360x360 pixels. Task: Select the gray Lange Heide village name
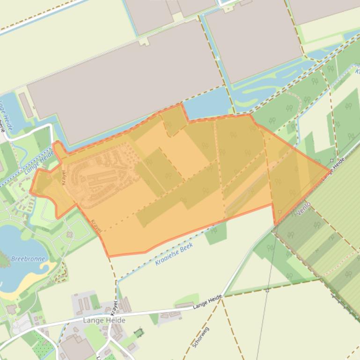pos(104,320)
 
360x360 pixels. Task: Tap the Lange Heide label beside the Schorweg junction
pos(207,302)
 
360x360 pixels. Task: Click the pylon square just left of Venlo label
pos(280,212)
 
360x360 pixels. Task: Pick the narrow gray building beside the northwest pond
pos(26,105)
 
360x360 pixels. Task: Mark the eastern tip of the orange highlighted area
pos(329,169)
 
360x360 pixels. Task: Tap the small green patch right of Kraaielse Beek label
pos(216,234)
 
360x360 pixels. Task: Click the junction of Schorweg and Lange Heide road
pos(223,295)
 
